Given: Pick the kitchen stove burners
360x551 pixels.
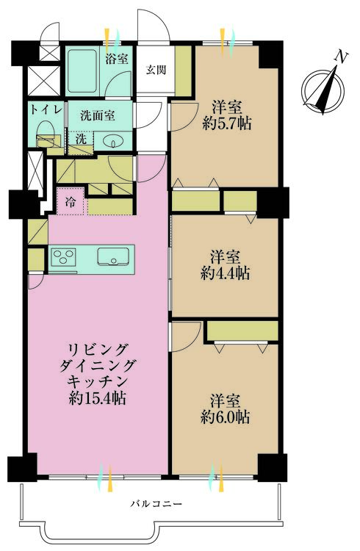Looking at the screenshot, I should (x=62, y=257).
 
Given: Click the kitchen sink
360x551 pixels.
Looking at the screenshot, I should (x=114, y=257).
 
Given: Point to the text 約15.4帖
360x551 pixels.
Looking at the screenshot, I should (x=98, y=399).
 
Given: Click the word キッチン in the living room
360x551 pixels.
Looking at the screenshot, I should (x=98, y=381).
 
